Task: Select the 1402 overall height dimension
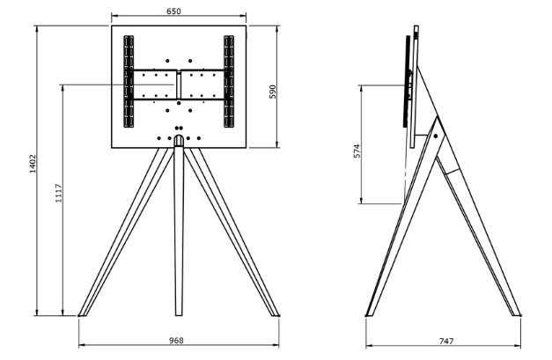[32, 164]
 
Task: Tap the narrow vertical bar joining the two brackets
[179, 85]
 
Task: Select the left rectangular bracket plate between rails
[153, 85]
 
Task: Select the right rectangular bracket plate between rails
[203, 85]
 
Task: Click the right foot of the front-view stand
[274, 311]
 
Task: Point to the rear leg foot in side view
[513, 311]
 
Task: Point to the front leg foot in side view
[372, 311]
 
